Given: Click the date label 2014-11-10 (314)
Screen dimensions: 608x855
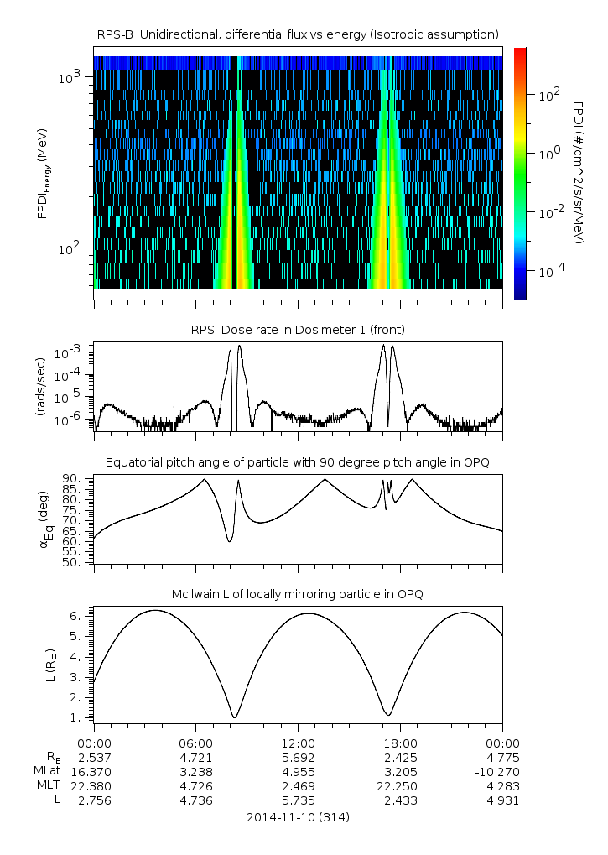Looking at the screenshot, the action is pyautogui.click(x=298, y=817).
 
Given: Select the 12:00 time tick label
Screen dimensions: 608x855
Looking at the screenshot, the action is pyautogui.click(x=298, y=743).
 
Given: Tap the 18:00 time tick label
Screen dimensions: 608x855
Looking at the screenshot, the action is pyautogui.click(x=400, y=743).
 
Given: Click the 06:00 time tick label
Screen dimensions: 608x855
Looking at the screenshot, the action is pyautogui.click(x=196, y=743).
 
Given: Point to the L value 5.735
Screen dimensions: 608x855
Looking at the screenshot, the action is pyautogui.click(x=298, y=800).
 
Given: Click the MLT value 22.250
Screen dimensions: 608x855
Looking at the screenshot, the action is pyautogui.click(x=398, y=786).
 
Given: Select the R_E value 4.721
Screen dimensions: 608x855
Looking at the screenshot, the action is pyautogui.click(x=196, y=758).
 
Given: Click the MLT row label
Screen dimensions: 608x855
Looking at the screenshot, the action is pyautogui.click(x=49, y=785).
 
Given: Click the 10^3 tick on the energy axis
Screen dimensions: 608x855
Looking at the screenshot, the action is pyautogui.click(x=70, y=77).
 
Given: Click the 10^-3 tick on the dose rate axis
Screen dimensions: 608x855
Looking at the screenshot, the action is pyautogui.click(x=68, y=354).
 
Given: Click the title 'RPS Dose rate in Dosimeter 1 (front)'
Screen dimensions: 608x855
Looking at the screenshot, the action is pyautogui.click(x=298, y=330).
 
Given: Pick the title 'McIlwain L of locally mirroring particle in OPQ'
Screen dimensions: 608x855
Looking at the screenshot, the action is pyautogui.click(x=298, y=594).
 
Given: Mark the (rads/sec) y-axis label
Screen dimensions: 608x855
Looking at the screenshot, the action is pyautogui.click(x=41, y=387).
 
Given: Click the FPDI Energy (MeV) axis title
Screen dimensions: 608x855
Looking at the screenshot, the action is pyautogui.click(x=44, y=174).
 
